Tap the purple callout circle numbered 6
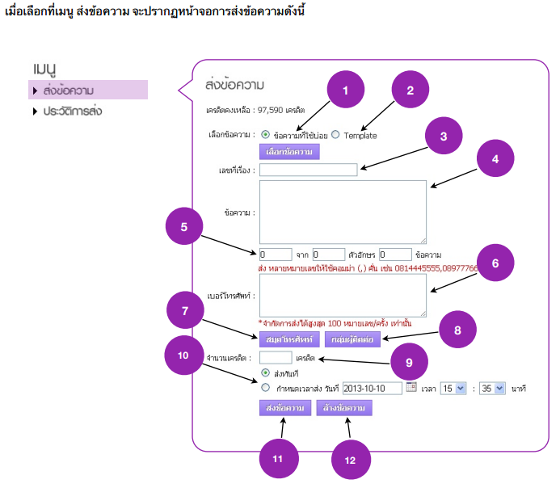[495, 263]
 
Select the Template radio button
[335, 135]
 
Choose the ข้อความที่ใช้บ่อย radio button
[266, 135]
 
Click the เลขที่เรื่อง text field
[309, 170]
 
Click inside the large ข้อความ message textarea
[343, 212]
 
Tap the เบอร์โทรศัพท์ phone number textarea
[343, 295]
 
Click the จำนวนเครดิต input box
[276, 356]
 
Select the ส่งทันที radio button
[266, 373]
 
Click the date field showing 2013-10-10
[373, 389]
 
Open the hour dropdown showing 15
[454, 389]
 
